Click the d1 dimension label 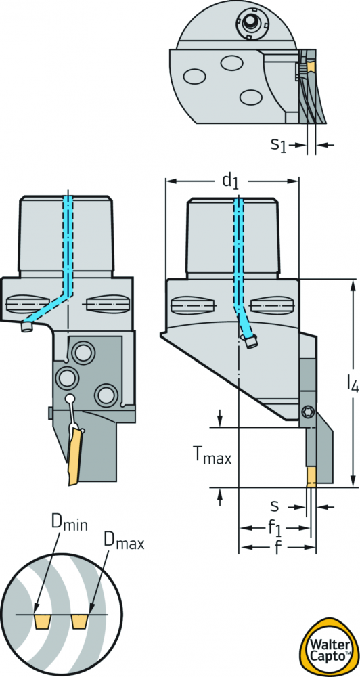pyautogui.click(x=230, y=181)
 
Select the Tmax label pyautogui.click(x=212, y=457)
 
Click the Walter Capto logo pyautogui.click(x=330, y=646)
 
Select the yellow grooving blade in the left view pyautogui.click(x=76, y=456)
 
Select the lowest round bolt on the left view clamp pyautogui.click(x=106, y=395)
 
